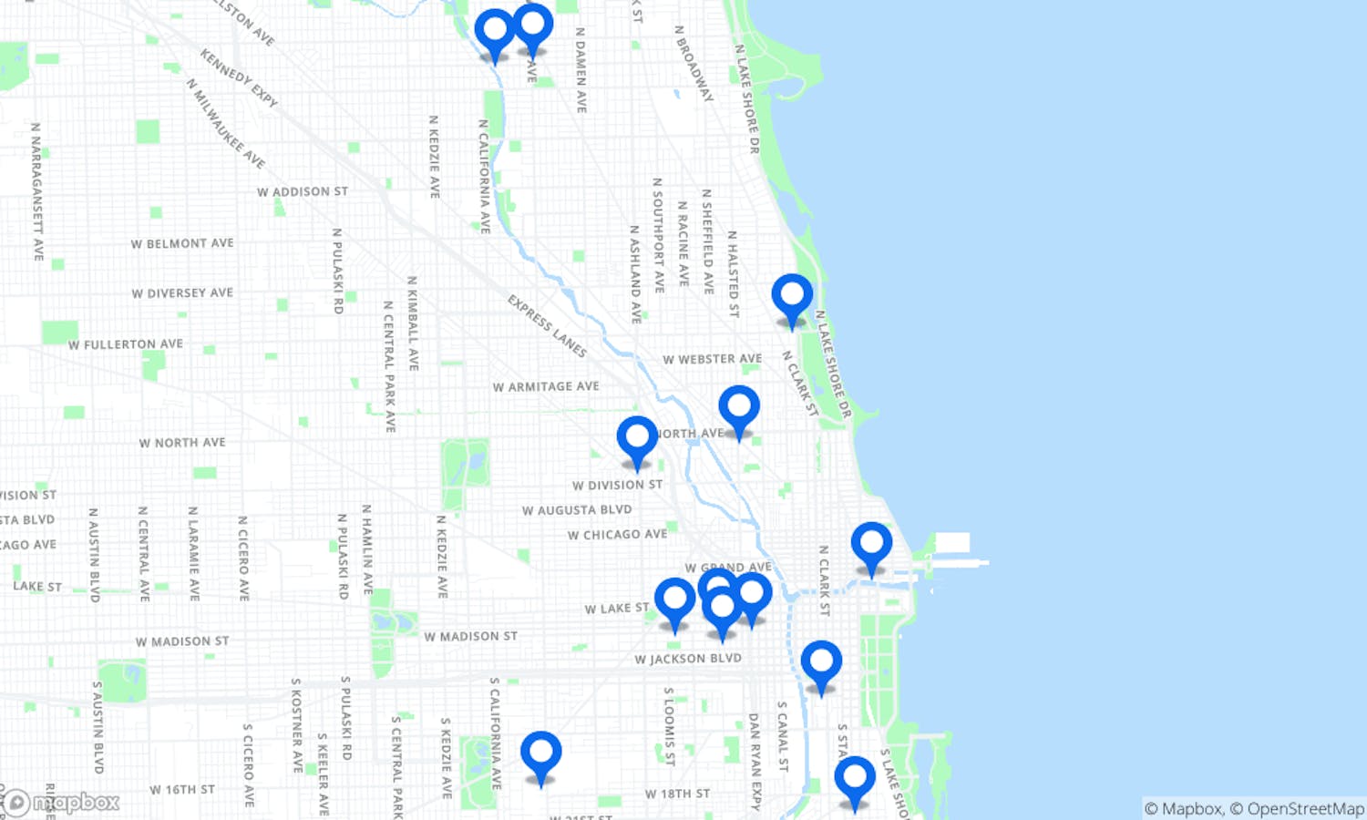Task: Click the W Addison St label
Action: point(302,191)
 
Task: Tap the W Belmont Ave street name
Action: point(182,243)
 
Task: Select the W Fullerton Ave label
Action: point(126,344)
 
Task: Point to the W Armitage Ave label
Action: point(546,386)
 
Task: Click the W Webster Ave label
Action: point(712,359)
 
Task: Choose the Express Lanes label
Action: point(547,325)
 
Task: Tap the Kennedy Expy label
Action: point(239,78)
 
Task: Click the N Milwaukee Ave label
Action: point(225,123)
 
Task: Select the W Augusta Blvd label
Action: point(576,510)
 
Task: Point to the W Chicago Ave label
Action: point(617,534)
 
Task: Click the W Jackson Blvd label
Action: point(688,658)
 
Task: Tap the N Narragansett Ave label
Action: point(36,191)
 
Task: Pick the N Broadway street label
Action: point(694,63)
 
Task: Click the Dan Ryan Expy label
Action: point(755,761)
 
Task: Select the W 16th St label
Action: point(182,789)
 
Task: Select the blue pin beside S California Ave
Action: point(541,755)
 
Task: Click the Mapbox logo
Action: point(62,803)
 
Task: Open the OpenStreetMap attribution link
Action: point(1305,808)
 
